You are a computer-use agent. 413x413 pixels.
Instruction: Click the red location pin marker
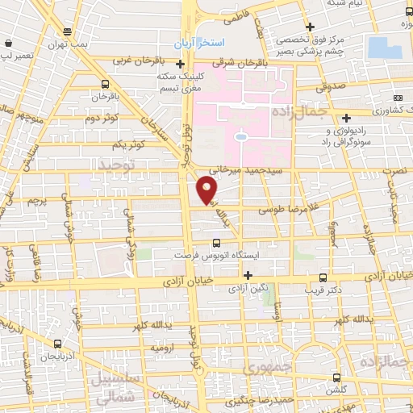coord(207,190)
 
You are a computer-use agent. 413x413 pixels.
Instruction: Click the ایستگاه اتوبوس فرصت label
coord(216,255)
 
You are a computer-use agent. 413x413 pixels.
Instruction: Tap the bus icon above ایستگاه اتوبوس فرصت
coord(216,242)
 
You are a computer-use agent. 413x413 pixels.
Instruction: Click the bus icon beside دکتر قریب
coord(323,276)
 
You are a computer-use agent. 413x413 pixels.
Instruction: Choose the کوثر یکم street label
coord(129,144)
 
